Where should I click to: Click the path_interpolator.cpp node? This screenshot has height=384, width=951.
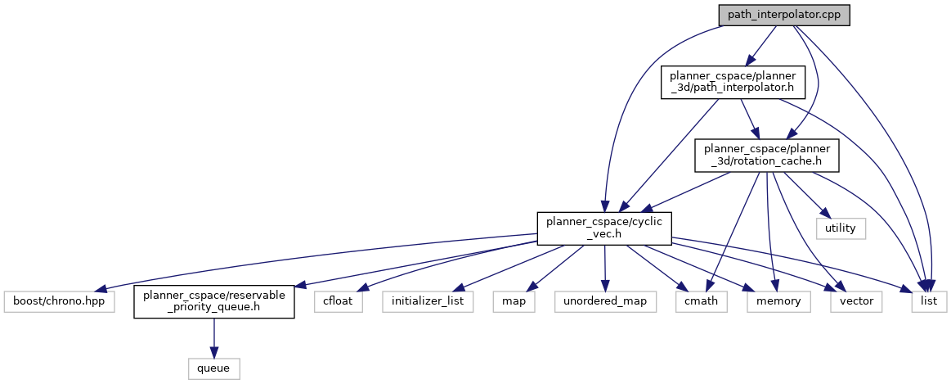coord(784,15)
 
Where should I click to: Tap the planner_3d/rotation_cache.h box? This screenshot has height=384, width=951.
coord(763,155)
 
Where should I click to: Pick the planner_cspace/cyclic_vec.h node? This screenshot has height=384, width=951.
coord(604,227)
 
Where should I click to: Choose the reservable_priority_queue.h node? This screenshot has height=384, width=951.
coord(213,301)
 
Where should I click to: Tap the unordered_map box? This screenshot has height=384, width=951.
coord(604,301)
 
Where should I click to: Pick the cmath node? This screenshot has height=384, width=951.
coord(696,301)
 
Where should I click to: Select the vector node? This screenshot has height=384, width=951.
coord(855,301)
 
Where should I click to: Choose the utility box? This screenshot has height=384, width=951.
coord(840,228)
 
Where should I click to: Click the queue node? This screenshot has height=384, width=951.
coord(213,368)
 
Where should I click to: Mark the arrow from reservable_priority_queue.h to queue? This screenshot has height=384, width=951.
coord(213,336)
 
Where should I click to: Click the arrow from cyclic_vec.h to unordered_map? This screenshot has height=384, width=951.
coord(604,266)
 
